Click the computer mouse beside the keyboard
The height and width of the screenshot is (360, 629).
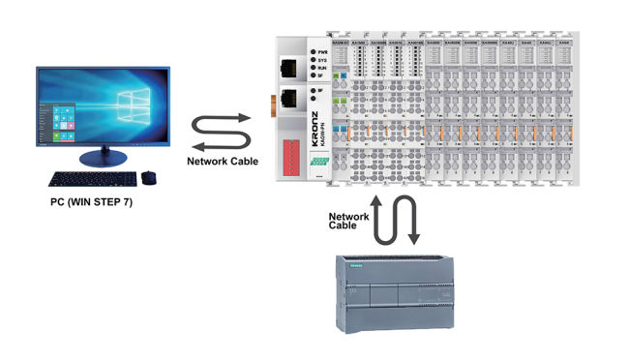pyautogui.click(x=148, y=177)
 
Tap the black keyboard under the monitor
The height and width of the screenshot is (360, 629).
pyautogui.click(x=91, y=179)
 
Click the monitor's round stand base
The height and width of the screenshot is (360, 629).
pyautogui.click(x=103, y=157)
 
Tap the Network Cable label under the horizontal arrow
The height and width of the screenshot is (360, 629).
pyautogui.click(x=223, y=161)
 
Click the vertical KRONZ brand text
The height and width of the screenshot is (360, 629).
pyautogui.click(x=316, y=131)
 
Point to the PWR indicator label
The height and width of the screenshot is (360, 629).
pyautogui.click(x=324, y=50)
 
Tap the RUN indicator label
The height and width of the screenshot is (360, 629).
pyautogui.click(x=324, y=68)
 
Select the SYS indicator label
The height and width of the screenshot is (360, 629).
pyautogui.click(x=324, y=59)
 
